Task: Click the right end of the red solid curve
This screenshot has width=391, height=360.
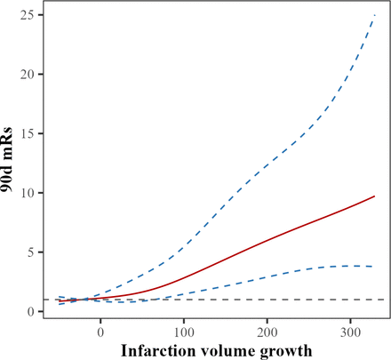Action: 374,196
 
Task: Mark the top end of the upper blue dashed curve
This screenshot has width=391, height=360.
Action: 374,14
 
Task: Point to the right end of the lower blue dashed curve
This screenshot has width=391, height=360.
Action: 374,267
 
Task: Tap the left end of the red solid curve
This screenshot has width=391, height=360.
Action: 56,300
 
